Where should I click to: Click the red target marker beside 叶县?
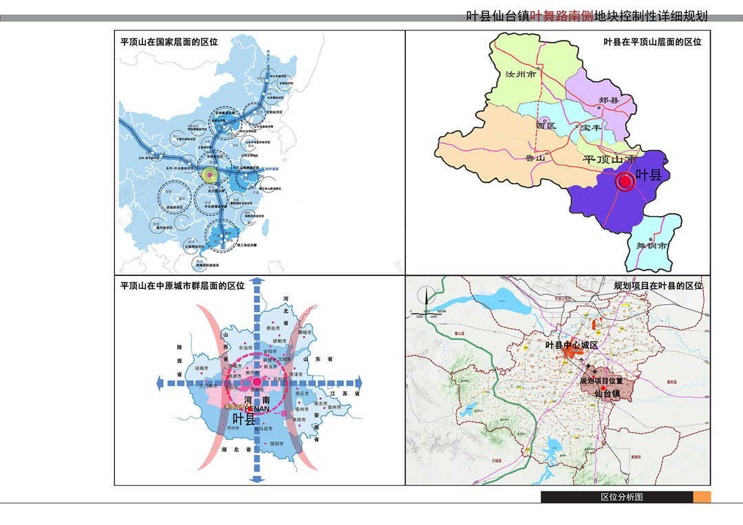626,182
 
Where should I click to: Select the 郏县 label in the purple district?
609,100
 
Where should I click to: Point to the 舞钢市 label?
650,246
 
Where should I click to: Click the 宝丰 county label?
590,128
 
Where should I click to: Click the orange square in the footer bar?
701,497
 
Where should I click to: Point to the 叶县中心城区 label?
572,345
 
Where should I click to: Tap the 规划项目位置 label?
601,380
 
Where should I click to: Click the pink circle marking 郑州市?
257,382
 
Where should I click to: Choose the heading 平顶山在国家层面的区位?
169,42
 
